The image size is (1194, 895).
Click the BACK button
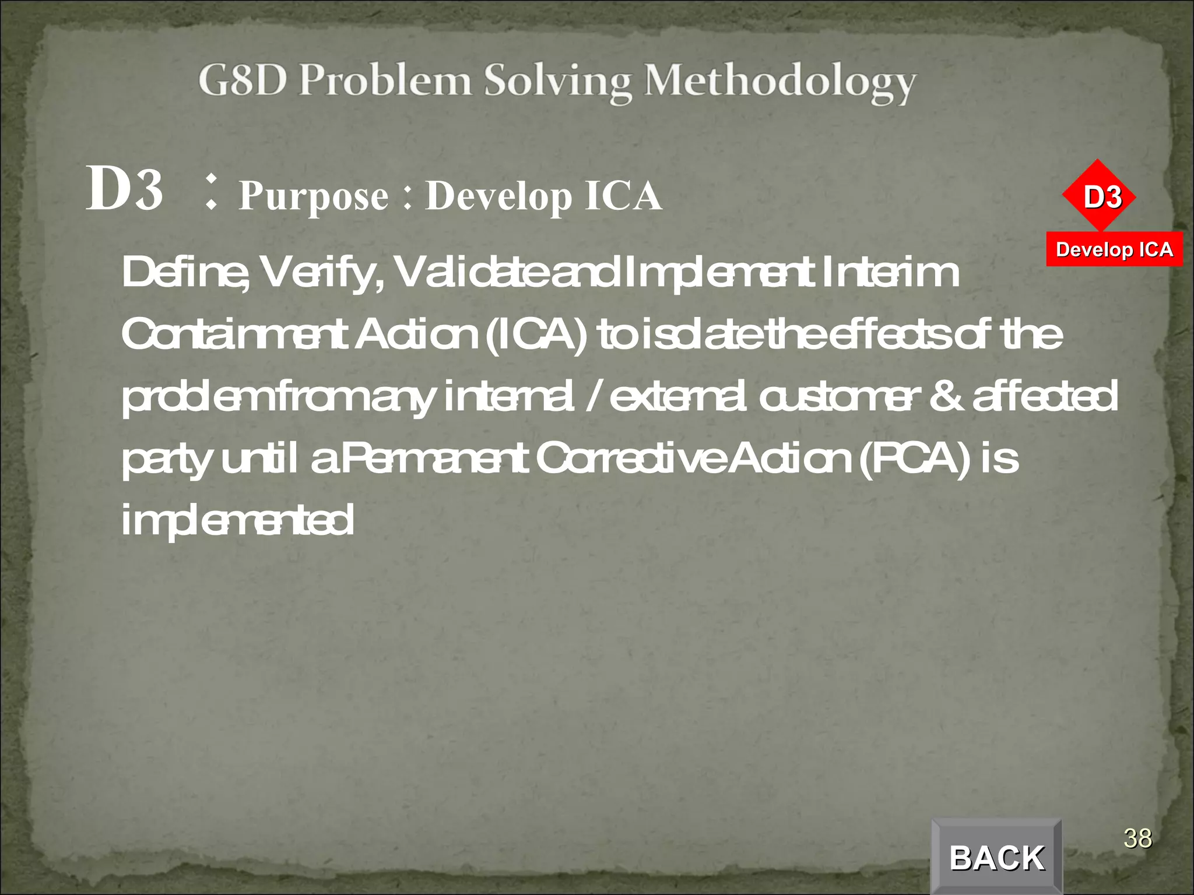(x=996, y=857)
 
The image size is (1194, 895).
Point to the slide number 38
(x=1137, y=838)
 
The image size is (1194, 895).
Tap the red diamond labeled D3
(x=1100, y=196)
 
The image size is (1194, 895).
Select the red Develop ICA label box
(x=1114, y=249)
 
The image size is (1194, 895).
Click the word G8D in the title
(x=243, y=81)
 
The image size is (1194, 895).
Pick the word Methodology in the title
(x=779, y=82)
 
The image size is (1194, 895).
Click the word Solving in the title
(x=558, y=82)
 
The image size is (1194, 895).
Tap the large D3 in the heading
(x=125, y=189)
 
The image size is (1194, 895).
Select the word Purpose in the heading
(x=314, y=196)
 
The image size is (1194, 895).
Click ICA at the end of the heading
(x=623, y=196)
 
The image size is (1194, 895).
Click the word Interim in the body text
(x=890, y=273)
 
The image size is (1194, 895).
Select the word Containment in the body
(x=235, y=335)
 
